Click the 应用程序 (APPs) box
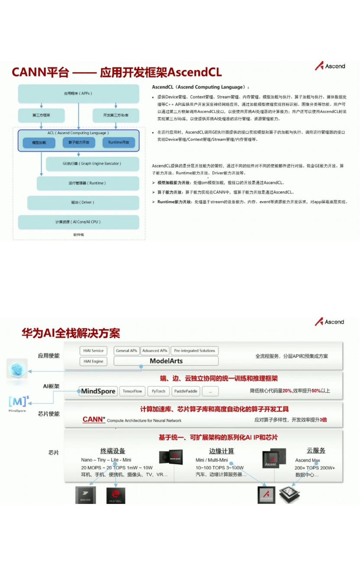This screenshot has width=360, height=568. click(78, 94)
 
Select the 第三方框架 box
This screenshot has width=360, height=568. click(42, 115)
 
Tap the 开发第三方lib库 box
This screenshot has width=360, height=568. click(116, 115)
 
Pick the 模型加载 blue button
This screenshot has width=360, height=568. click(39, 142)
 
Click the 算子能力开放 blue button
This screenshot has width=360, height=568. click(79, 142)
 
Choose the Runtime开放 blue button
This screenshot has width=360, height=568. click(119, 142)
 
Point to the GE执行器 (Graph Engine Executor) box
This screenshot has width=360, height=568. click(91, 164)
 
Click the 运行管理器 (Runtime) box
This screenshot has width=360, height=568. click(87, 183)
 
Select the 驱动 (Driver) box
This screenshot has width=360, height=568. click(83, 202)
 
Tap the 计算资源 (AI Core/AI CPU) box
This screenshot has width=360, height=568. click(78, 222)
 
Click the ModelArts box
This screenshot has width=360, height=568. click(166, 361)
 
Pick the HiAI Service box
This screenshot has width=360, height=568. click(94, 351)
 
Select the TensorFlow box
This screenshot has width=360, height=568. click(132, 391)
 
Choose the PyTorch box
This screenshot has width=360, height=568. click(159, 391)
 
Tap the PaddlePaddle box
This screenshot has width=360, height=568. click(186, 391)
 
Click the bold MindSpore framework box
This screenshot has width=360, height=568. click(98, 391)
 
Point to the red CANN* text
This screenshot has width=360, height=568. click(94, 420)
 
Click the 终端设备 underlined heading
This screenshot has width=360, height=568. click(113, 451)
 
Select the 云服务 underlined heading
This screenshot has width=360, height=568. click(316, 451)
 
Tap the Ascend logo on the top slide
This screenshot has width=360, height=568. click(330, 66)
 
